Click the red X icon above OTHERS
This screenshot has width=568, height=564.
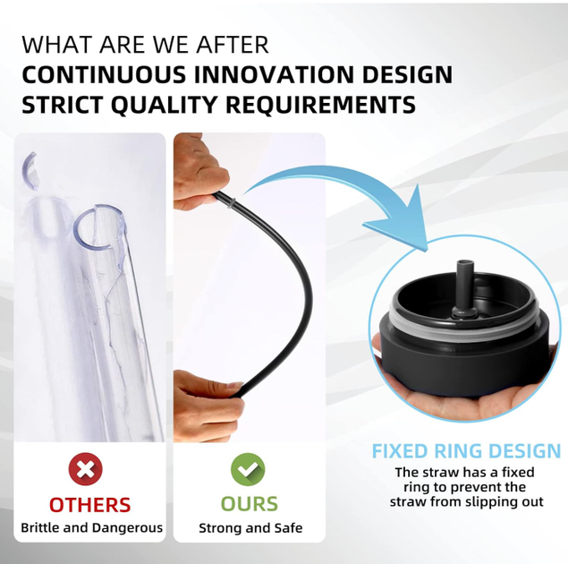pyautogui.click(x=86, y=470)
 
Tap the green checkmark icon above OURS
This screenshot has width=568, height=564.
pyautogui.click(x=248, y=470)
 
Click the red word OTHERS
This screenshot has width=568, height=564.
pyautogui.click(x=89, y=505)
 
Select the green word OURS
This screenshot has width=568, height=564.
pyautogui.click(x=250, y=504)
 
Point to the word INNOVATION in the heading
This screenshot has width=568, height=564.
pyautogui.click(x=274, y=74)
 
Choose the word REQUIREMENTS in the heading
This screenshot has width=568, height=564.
pyautogui.click(x=320, y=105)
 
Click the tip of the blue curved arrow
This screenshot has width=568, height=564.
pyautogui.click(x=427, y=250)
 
